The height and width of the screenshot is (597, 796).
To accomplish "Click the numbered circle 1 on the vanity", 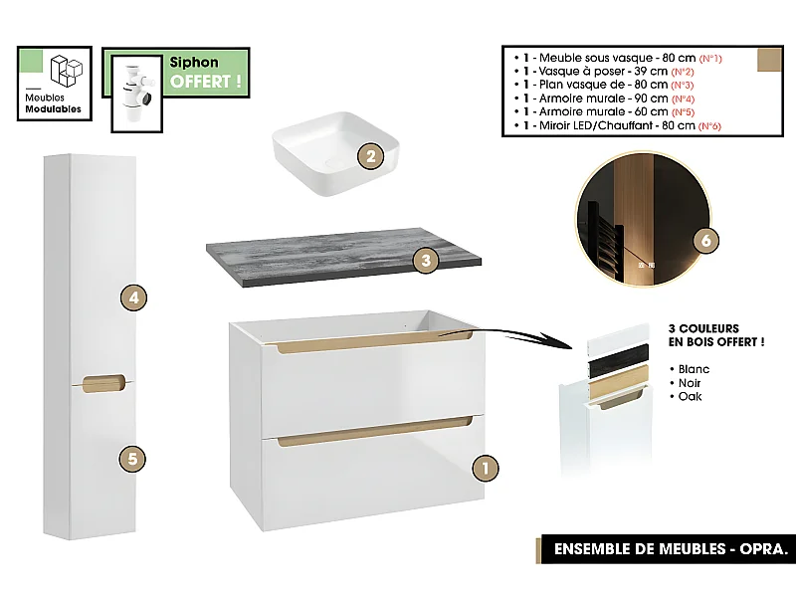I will click(x=484, y=467).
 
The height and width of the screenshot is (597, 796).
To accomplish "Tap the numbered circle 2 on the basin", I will click(x=369, y=155).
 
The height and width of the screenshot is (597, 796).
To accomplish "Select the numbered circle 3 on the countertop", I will click(x=426, y=261).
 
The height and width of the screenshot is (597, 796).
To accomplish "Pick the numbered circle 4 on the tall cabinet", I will click(x=132, y=296).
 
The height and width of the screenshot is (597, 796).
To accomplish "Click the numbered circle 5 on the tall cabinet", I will click(x=132, y=459).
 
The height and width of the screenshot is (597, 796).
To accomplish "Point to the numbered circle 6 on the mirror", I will click(x=704, y=242).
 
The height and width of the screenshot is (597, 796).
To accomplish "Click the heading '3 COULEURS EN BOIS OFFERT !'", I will click(x=715, y=335).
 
